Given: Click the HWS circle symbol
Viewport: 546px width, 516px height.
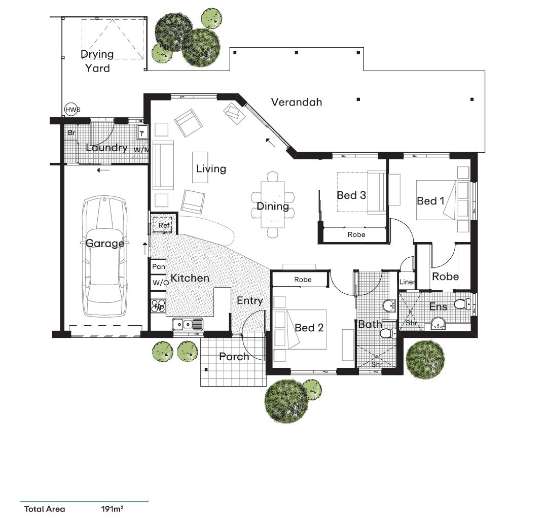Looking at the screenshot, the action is (72, 110).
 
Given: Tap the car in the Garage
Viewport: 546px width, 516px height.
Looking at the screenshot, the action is (104, 256).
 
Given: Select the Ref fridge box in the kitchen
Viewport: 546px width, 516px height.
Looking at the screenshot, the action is (163, 225).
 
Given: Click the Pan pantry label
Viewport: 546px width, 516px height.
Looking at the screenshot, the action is (159, 266).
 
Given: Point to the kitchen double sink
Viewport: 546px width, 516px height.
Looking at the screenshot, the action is (188, 324).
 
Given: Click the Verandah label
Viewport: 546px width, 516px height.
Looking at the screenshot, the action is (297, 102).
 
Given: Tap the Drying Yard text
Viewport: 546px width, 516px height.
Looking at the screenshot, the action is (97, 61).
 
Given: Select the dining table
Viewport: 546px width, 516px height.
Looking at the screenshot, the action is (273, 204).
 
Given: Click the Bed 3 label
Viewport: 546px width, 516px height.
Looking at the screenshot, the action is (351, 195).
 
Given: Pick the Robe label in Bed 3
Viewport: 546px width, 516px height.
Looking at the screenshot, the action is (356, 234).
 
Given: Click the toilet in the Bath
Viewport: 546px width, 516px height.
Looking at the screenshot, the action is (387, 334).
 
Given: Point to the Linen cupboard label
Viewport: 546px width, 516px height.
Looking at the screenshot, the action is (407, 282).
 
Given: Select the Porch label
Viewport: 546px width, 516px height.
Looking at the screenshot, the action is (234, 357).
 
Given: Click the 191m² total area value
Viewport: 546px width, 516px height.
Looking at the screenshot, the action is (112, 509).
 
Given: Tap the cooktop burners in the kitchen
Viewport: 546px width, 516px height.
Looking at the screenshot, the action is (159, 305).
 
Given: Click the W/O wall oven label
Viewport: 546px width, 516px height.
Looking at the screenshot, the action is (160, 283).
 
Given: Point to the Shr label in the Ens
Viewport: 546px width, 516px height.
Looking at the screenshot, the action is (411, 323).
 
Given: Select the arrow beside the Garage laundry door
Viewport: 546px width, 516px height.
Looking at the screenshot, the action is (103, 170).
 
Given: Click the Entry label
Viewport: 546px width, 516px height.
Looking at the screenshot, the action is (249, 301).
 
